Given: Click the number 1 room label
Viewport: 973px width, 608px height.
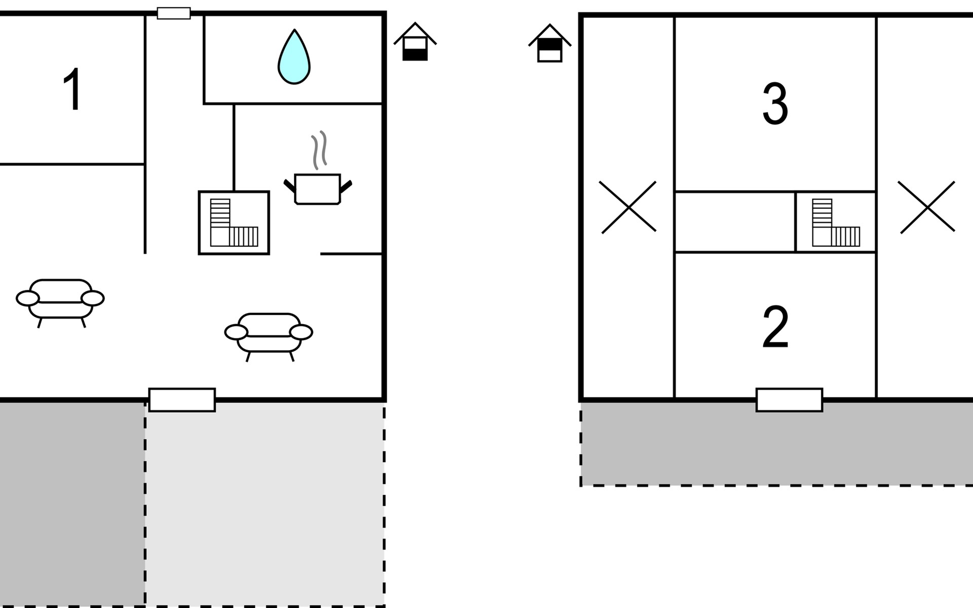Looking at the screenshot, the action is click(73, 89).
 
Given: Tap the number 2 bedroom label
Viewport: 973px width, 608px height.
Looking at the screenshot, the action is click(775, 327).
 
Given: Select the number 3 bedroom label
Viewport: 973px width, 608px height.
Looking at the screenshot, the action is click(775, 104).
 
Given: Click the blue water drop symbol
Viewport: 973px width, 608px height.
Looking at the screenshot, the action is click(294, 57).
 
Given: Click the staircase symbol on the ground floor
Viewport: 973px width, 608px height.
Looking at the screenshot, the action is click(234, 222).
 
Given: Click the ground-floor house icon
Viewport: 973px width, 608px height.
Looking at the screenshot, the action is click(415, 42).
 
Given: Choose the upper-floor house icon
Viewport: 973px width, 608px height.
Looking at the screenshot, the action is click(550, 44).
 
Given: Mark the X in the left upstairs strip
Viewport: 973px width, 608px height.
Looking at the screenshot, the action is click(628, 207).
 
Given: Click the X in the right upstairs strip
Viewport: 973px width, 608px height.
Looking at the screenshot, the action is click(927, 207).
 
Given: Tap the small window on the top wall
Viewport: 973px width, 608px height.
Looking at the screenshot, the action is click(174, 13).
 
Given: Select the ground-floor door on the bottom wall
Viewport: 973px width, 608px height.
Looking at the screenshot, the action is click(182, 400).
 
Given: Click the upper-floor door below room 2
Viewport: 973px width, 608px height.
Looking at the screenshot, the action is click(789, 400).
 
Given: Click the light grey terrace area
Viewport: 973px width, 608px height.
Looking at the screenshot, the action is click(265, 507).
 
